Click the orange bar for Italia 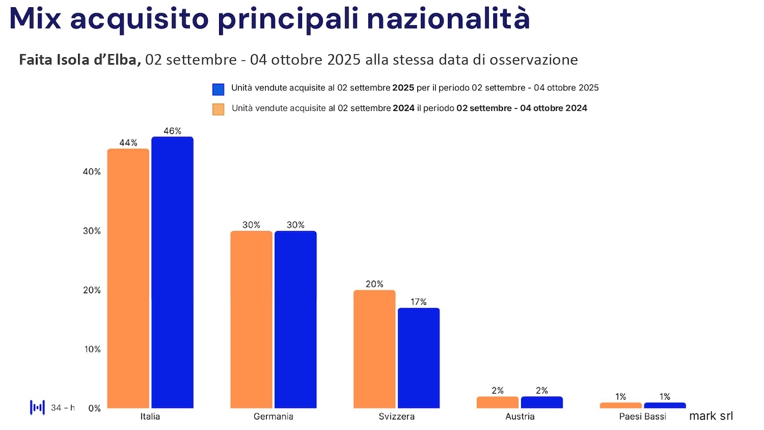click(128, 278)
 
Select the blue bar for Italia click(172, 272)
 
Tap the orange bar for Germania click(251, 320)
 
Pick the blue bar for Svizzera click(418, 358)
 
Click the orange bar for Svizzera click(374, 349)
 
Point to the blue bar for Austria click(541, 403)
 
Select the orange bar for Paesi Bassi click(621, 406)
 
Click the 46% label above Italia click(172, 131)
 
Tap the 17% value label click(418, 302)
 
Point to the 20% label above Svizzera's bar click(374, 284)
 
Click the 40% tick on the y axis click(92, 172)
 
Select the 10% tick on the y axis click(92, 349)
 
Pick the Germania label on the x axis click(273, 416)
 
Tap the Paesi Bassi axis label click(643, 416)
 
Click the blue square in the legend click(218, 90)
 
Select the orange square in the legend click(218, 109)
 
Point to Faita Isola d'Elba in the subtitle click(79, 60)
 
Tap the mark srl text click(711, 416)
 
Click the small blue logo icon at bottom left click(38, 408)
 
